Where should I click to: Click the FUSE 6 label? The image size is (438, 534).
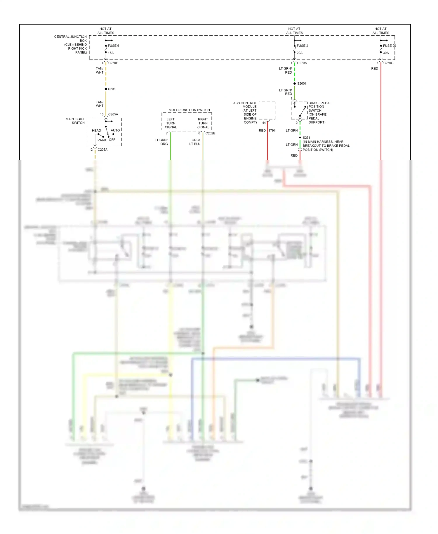[x=113, y=46]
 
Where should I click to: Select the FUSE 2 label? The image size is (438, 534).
[x=302, y=46]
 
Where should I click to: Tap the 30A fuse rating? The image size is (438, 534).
[x=386, y=53]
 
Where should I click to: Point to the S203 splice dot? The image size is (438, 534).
[x=106, y=89]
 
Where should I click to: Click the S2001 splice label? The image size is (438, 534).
[x=302, y=84]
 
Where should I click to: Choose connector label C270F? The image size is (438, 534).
[x=113, y=63]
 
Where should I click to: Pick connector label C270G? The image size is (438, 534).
[x=388, y=63]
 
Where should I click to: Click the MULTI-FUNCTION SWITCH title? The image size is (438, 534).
[x=189, y=110]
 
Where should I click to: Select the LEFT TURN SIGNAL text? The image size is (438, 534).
[x=171, y=123]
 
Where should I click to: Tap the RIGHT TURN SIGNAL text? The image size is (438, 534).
[x=203, y=123]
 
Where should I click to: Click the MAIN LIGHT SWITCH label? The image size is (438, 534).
[x=75, y=121]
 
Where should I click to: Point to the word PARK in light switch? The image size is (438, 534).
[x=102, y=140]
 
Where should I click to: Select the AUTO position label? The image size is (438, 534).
[x=115, y=130]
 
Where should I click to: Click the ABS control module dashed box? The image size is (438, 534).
[x=267, y=110]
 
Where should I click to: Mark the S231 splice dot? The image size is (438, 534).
[x=300, y=138]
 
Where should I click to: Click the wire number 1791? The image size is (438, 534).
[x=272, y=131]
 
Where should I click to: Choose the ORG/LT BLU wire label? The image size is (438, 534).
[x=195, y=142]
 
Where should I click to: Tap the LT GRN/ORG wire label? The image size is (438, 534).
[x=161, y=142]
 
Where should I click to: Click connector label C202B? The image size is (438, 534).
[x=210, y=133]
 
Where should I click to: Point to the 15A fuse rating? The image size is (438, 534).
[x=111, y=53]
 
